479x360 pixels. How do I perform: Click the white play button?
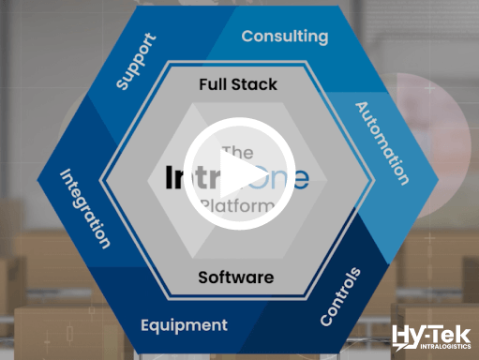(x=238, y=174)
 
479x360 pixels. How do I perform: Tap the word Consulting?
(x=285, y=37)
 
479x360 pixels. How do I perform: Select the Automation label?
(x=382, y=142)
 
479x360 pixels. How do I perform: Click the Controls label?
(x=340, y=296)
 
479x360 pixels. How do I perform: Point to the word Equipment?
(x=184, y=326)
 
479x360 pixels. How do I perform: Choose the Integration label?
(x=85, y=208)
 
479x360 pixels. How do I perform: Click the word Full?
(x=216, y=84)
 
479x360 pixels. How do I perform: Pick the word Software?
(x=236, y=277)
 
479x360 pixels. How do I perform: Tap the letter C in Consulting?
(x=248, y=37)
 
